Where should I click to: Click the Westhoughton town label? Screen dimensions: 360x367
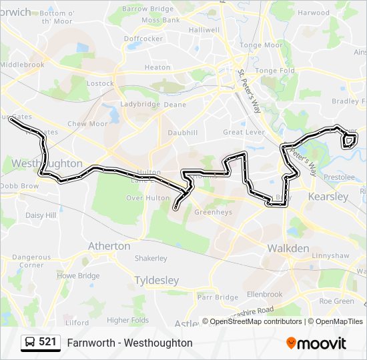point(47,163)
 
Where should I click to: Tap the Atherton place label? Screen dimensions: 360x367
point(109,246)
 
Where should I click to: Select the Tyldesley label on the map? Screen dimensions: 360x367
point(156,281)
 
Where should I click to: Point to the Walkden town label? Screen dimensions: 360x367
point(288,249)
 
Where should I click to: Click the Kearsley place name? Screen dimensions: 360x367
point(328,197)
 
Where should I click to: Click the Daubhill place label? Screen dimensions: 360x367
point(183,133)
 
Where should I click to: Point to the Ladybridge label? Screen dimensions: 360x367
point(140,105)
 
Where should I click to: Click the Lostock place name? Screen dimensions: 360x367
point(100,84)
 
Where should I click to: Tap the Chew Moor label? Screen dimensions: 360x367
point(87,124)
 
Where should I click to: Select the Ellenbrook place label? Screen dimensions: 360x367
point(264,294)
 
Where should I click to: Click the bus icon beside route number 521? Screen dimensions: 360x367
point(31,343)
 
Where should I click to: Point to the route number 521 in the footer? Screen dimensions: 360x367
point(47,343)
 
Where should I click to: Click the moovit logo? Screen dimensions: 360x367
point(316,343)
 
